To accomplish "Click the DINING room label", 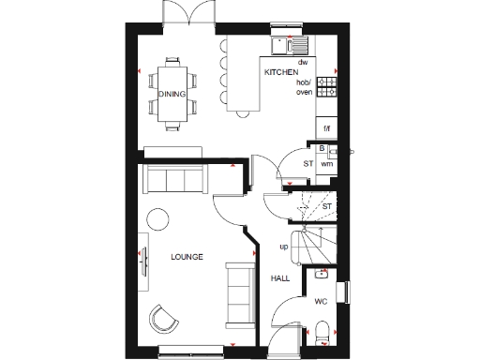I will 172,95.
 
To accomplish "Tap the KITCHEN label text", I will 280,72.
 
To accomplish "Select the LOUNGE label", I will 186,257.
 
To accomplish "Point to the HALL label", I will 279,278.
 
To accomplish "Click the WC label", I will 320,302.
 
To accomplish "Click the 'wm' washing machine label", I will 327,163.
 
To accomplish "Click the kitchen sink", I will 284,44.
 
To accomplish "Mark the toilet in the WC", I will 322,330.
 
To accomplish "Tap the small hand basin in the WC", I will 322,275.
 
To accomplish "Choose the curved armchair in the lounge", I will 167,319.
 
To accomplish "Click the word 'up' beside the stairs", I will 283,247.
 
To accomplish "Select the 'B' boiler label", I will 322,149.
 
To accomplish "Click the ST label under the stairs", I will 327,205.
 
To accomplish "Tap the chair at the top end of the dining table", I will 172,62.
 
